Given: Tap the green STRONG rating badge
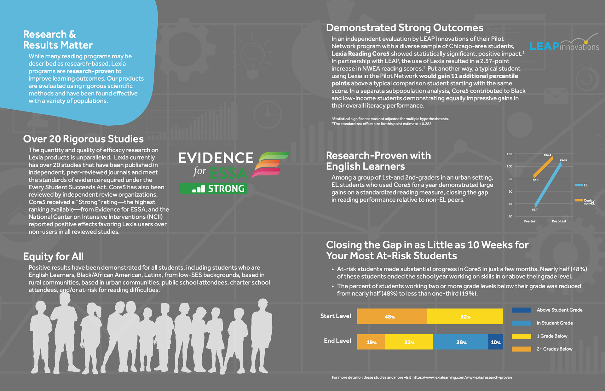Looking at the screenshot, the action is coord(213,188).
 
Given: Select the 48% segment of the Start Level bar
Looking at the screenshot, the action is coord(392,316).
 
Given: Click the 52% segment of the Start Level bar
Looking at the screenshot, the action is coord(465,316).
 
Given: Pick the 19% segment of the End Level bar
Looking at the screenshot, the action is coord(371,342).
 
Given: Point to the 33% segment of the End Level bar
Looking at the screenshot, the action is coord(409,342).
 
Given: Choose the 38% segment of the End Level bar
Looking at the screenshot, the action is coord(461,342).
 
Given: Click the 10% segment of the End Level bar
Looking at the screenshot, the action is coord(496,342).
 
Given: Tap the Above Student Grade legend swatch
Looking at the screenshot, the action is coord(521,310).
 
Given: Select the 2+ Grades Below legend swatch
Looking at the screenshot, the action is coord(521,349).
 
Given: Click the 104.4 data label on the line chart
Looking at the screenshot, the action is coord(547,155).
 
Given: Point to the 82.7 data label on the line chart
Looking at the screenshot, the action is coord(535,210).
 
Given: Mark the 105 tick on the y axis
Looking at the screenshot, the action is coord(510,154).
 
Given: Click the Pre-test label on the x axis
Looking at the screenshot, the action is coord(530,221).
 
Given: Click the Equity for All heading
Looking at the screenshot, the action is coord(53,256).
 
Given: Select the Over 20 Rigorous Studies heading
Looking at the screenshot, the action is coord(83,139).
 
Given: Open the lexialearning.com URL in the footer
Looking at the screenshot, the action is coord(462,377).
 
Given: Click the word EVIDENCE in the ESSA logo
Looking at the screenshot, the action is coord(216,158).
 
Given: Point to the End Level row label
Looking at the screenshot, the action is coord(337,341).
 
